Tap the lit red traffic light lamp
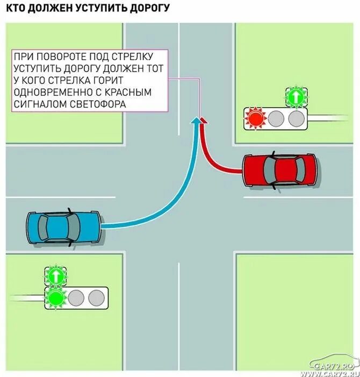coord(255,117)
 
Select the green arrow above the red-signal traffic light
coord(295,97)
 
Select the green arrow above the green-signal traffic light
coord(55,276)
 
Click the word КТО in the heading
coord(16,8)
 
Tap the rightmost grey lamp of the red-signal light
coord(295,117)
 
